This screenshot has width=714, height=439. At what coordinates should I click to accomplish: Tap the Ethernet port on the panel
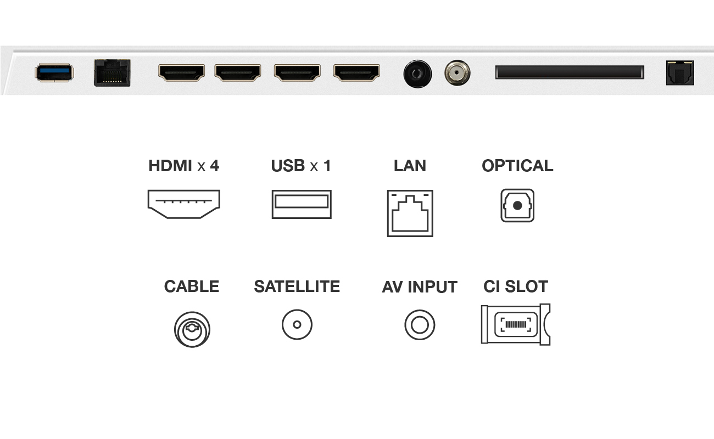click(x=112, y=72)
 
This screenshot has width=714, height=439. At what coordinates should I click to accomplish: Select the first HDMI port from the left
click(x=181, y=72)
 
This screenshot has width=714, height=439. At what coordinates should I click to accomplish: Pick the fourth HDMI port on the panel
click(x=357, y=72)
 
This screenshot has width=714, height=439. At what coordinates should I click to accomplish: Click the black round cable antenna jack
click(x=417, y=74)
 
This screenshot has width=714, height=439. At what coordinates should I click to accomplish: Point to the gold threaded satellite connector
click(x=457, y=72)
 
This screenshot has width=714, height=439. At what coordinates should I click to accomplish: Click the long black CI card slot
click(x=570, y=72)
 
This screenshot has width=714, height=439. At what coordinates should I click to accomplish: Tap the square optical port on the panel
click(x=679, y=73)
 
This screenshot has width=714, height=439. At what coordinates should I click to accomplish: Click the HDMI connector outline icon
click(x=183, y=204)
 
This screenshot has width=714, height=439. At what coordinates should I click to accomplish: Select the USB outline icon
click(x=302, y=204)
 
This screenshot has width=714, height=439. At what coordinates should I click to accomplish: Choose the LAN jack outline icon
click(x=410, y=213)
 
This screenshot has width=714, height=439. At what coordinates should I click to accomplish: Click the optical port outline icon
click(x=517, y=206)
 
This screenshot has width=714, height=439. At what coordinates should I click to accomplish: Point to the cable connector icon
click(x=192, y=329)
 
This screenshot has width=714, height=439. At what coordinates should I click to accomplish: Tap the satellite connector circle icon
click(x=297, y=325)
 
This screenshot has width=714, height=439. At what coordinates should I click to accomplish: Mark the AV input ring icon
click(x=420, y=325)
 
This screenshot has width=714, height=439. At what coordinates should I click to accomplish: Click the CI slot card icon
click(x=515, y=324)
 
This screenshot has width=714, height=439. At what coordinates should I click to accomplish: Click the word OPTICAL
click(x=517, y=166)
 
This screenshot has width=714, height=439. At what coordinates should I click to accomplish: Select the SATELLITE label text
click(x=297, y=286)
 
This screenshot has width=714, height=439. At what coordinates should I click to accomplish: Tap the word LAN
click(x=410, y=166)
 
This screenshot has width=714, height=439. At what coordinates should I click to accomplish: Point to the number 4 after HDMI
click(x=214, y=166)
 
